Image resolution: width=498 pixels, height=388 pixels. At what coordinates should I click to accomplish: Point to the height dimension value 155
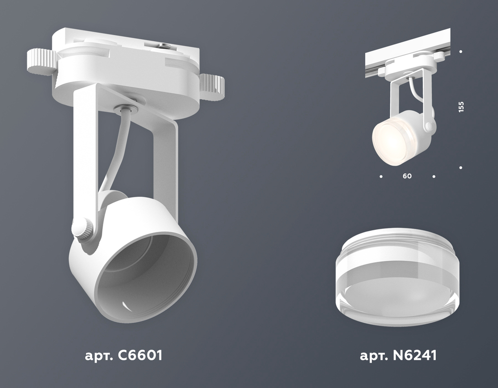[461, 107]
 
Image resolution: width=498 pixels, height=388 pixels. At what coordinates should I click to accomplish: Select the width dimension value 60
[407, 176]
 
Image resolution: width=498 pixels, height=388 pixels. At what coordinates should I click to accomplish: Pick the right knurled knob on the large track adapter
[212, 86]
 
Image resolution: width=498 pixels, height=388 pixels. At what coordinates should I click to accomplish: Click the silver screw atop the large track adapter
[163, 46]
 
